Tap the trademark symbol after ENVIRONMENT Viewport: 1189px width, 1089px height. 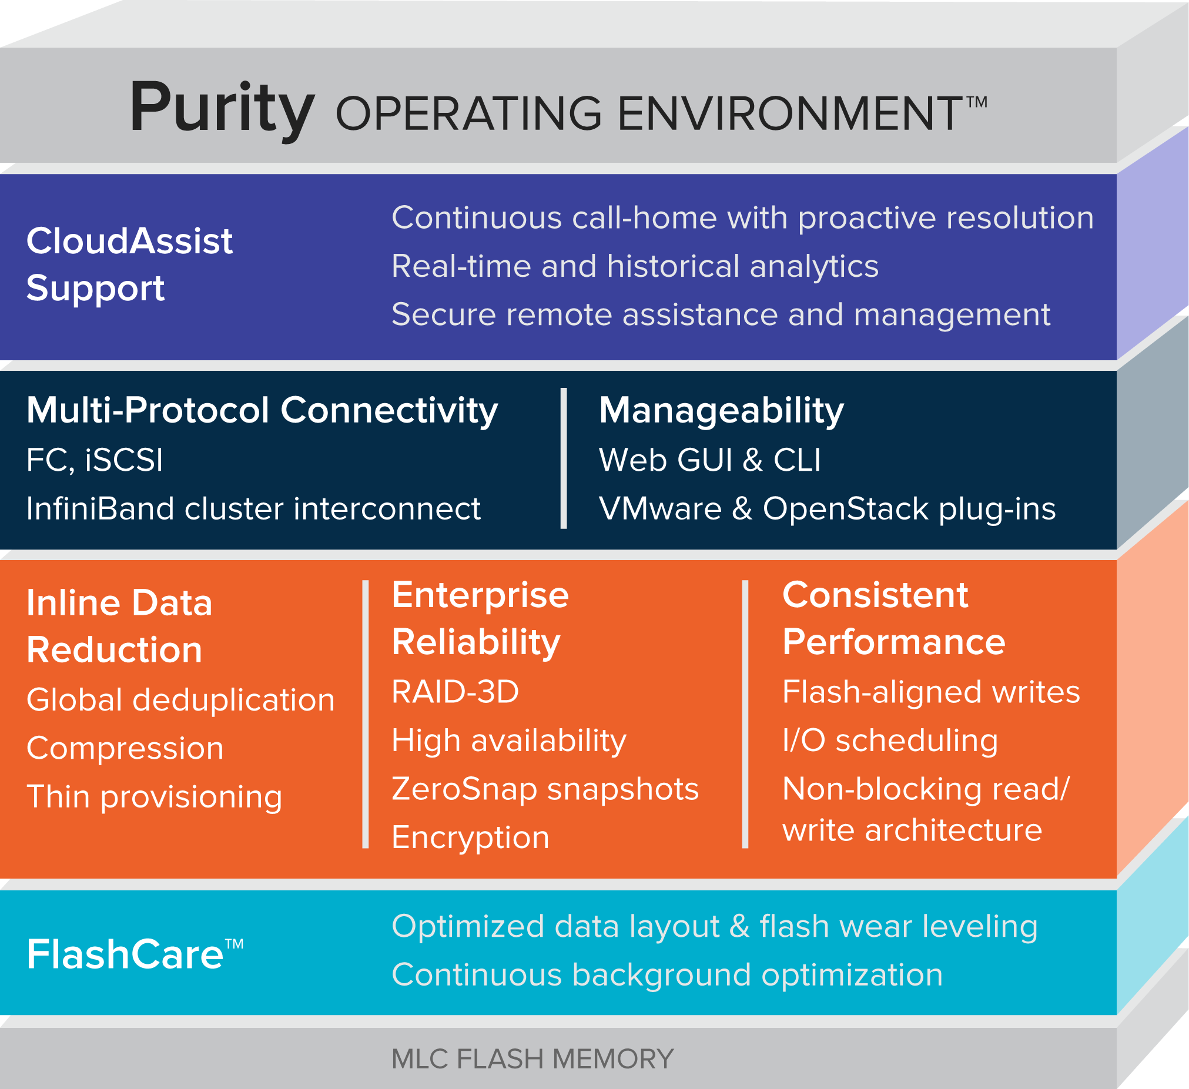[x=977, y=102]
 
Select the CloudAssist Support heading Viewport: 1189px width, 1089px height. [x=130, y=264]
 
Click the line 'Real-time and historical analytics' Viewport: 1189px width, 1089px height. [x=635, y=266]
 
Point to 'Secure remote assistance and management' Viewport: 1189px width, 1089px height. [x=721, y=314]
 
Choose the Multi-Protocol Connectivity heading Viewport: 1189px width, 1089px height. [x=263, y=410]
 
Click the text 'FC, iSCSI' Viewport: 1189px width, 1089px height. [x=95, y=460]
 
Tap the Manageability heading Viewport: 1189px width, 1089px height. [x=721, y=411]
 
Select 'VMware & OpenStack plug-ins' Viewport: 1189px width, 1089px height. [x=827, y=509]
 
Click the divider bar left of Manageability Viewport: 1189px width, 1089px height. [x=564, y=458]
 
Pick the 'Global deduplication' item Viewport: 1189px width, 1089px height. [x=180, y=701]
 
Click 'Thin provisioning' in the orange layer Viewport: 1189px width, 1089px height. [x=155, y=797]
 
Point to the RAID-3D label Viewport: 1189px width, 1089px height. [x=455, y=692]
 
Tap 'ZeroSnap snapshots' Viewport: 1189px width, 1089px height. [x=545, y=789]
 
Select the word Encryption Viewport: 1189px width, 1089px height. [x=471, y=838]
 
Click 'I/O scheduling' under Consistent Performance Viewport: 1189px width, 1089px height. [x=890, y=740]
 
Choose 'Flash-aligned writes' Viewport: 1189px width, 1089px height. [x=931, y=692]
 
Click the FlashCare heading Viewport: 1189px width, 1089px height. [x=135, y=954]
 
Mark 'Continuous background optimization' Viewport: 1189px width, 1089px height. [x=667, y=975]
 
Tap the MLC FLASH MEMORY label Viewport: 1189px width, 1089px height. [x=532, y=1059]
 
